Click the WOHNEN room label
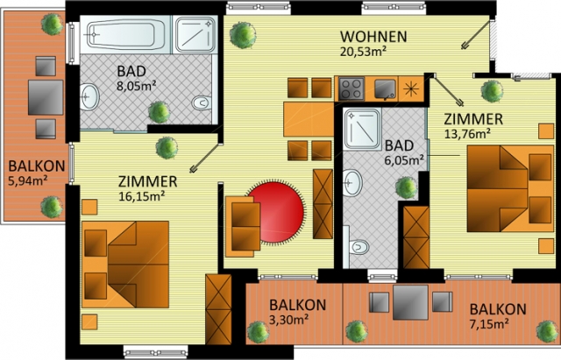pyautogui.click(x=373, y=37)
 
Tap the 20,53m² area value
pyautogui.click(x=363, y=51)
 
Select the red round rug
pyautogui.click(x=276, y=212)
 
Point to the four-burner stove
pyautogui.click(x=352, y=88)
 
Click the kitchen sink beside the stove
pyautogui.click(x=386, y=88)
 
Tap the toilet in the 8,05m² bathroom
pyautogui.click(x=202, y=103)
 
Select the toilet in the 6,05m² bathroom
pyautogui.click(x=359, y=247)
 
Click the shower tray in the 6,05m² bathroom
pyautogui.click(x=362, y=129)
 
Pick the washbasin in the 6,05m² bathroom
pyautogui.click(x=352, y=183)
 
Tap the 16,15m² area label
pyautogui.click(x=142, y=196)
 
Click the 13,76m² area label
pyautogui.click(x=467, y=134)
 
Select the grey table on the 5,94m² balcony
pyautogui.click(x=46, y=97)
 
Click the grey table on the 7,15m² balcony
pyautogui.click(x=410, y=302)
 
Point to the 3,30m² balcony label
pyautogui.click(x=289, y=319)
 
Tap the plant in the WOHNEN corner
pyautogui.click(x=243, y=35)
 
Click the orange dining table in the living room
pyautogui.click(x=309, y=119)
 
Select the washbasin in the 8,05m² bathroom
pyautogui.click(x=89, y=97)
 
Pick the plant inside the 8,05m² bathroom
pyautogui.click(x=159, y=112)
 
